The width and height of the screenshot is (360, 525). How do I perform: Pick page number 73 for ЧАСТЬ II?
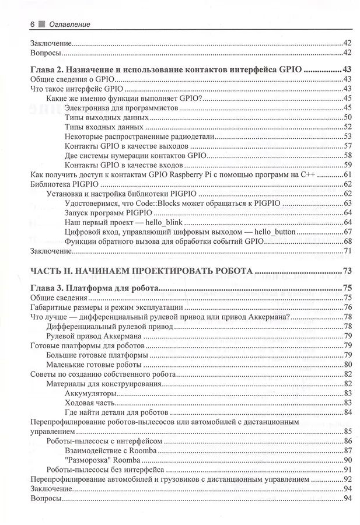point(347,271)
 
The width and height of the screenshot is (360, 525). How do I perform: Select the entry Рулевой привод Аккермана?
point(92,335)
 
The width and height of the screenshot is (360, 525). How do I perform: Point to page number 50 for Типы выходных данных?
point(347,117)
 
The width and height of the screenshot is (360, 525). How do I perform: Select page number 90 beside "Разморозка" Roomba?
point(347,460)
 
